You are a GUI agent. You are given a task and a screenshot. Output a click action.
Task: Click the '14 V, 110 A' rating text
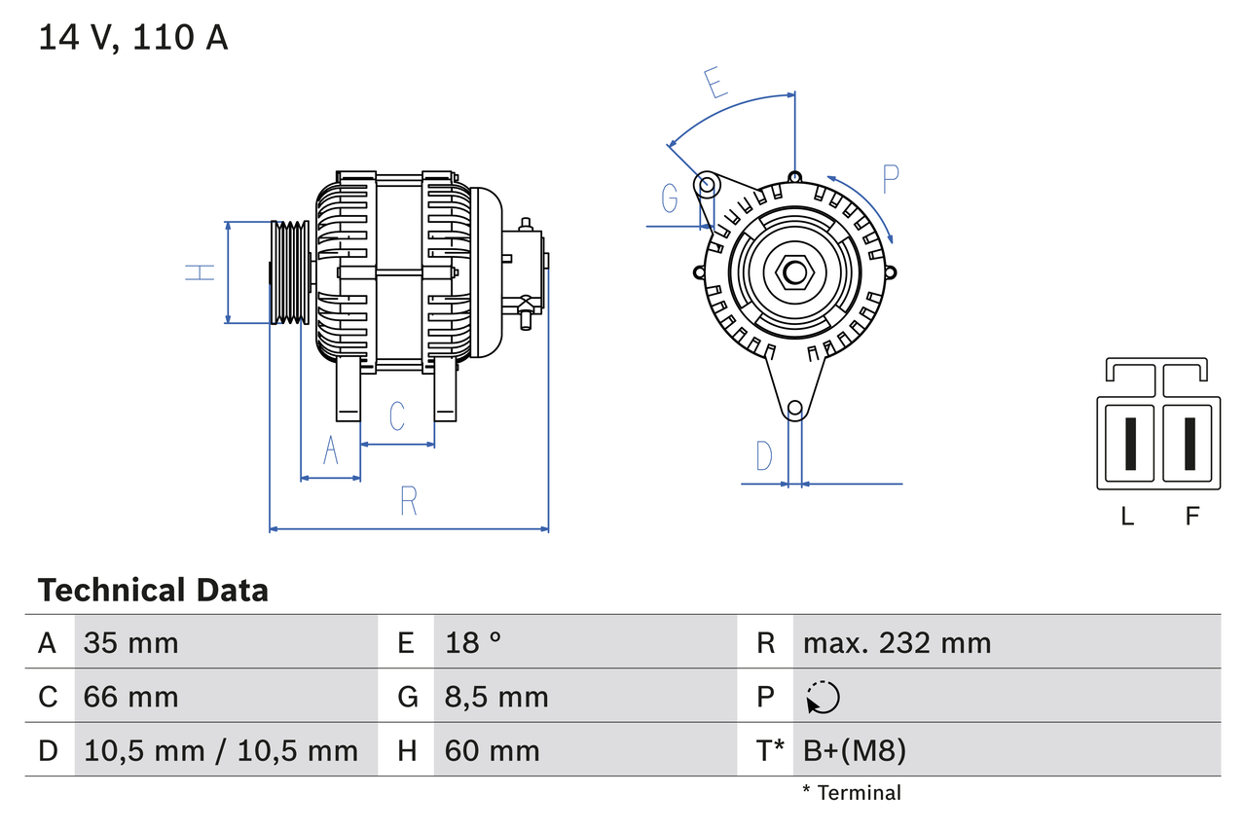[133, 38]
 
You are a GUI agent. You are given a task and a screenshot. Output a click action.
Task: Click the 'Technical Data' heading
[153, 590]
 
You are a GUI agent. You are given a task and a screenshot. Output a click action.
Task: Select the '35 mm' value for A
[130, 642]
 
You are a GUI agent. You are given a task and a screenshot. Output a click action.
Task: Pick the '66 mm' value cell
[130, 697]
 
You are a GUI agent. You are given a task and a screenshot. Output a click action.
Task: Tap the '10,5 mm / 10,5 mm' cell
[221, 750]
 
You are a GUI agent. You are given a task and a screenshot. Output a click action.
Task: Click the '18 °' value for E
[473, 642]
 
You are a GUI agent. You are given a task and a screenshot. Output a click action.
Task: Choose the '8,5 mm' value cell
[496, 697]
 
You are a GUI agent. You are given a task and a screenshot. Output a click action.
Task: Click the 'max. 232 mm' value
[897, 642]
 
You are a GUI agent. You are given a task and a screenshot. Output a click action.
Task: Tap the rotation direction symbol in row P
[823, 697]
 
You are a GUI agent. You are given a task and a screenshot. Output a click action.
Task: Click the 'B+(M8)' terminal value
[854, 750]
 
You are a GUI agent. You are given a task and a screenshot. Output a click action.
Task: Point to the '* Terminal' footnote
[852, 793]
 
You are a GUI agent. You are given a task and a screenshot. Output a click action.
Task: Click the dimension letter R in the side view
[409, 501]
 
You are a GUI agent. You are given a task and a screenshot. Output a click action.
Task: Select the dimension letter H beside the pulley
[201, 272]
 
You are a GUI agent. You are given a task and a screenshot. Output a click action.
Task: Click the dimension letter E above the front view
[716, 85]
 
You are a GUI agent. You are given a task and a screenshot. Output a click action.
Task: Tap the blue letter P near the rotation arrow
[890, 179]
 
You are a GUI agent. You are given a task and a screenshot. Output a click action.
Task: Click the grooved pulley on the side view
[288, 272]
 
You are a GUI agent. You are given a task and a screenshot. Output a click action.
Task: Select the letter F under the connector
[1191, 517]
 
